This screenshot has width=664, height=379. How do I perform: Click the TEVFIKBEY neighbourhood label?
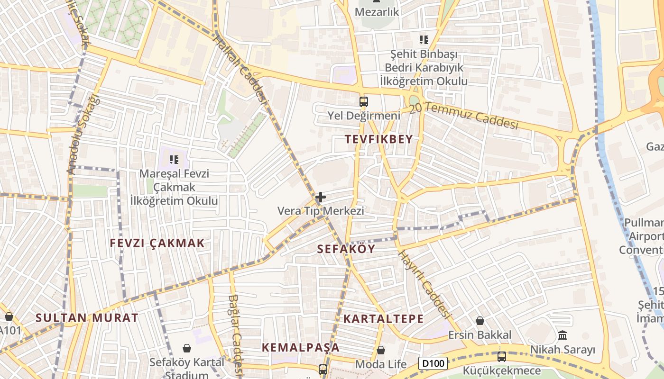pos(378,139)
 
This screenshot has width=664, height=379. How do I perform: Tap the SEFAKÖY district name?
pos(346,249)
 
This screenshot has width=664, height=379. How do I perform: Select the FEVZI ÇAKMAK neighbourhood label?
pos(157,243)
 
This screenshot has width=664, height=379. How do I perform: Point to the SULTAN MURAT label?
pos(87,317)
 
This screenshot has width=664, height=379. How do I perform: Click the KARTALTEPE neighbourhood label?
pos(383,318)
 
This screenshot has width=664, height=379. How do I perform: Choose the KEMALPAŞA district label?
pos(301,347)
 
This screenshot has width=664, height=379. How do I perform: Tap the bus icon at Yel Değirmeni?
pos(363,101)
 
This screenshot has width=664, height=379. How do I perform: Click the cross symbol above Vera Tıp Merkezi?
pos(321,197)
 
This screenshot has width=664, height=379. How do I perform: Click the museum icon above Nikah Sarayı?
pos(563,335)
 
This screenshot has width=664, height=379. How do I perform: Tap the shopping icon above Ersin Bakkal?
pos(480,321)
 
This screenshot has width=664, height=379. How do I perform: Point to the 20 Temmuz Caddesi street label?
pos(463,116)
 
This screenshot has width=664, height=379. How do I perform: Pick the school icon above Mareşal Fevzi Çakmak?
pos(174,160)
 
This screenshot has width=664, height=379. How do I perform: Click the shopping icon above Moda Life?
pos(380,350)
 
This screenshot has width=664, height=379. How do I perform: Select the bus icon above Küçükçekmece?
pos(501,356)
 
